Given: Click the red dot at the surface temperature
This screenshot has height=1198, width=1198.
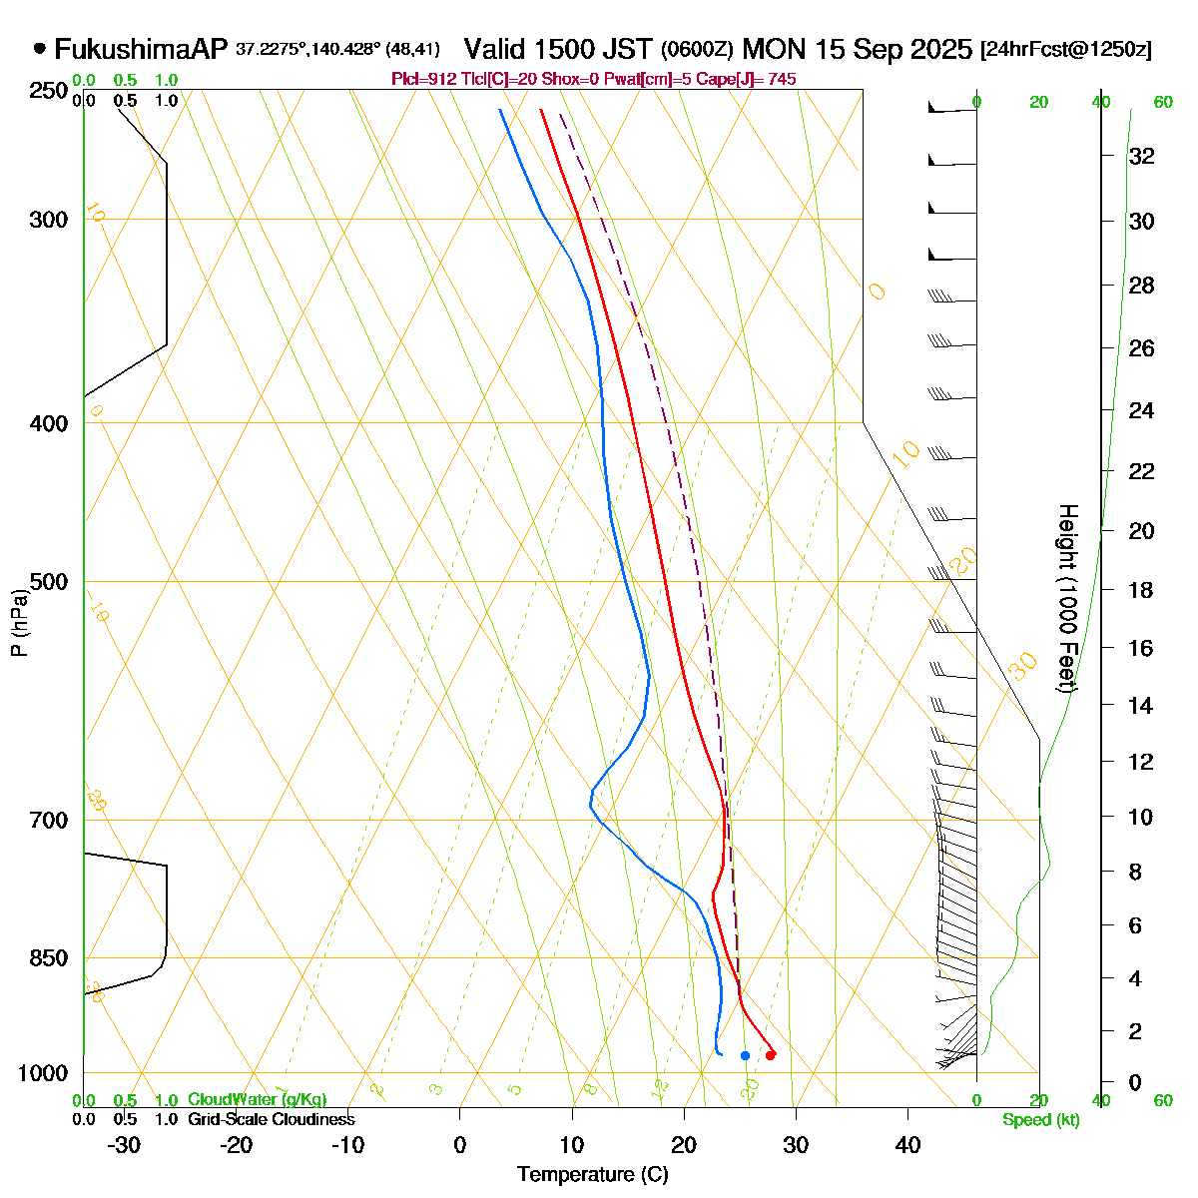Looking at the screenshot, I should coord(770,1055).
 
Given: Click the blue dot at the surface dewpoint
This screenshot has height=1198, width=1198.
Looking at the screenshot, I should coord(745,1055).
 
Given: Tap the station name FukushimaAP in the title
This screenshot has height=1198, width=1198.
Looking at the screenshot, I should coord(142,49).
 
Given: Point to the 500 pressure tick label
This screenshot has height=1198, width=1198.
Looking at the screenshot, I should coord(50,582).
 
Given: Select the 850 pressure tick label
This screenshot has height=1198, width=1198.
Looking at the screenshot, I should coord(50,958).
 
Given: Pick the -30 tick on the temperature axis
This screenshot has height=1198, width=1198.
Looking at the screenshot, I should coord(124,1145).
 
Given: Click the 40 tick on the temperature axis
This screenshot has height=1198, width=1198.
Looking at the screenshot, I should coord(907,1145).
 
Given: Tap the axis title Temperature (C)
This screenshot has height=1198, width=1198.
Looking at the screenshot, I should coord(593,1175).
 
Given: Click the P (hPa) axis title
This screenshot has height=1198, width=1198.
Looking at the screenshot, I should coord(20,622).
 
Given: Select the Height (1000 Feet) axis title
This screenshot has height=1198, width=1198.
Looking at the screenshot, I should coord(1066,599).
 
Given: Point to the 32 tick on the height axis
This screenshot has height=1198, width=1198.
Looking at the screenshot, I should coord(1141,157).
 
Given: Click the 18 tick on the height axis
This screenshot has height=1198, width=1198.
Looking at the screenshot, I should coord(1141,590).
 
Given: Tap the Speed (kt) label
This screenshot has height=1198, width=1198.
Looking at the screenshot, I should coord(1041,1120).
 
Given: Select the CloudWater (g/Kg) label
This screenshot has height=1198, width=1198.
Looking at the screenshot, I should coord(257,1099).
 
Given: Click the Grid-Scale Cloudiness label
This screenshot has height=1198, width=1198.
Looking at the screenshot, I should coord(271,1119).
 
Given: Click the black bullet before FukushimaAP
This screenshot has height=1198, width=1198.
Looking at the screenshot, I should coord(40,48).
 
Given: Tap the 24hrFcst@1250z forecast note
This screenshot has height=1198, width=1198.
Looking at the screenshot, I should coord(1066,50).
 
